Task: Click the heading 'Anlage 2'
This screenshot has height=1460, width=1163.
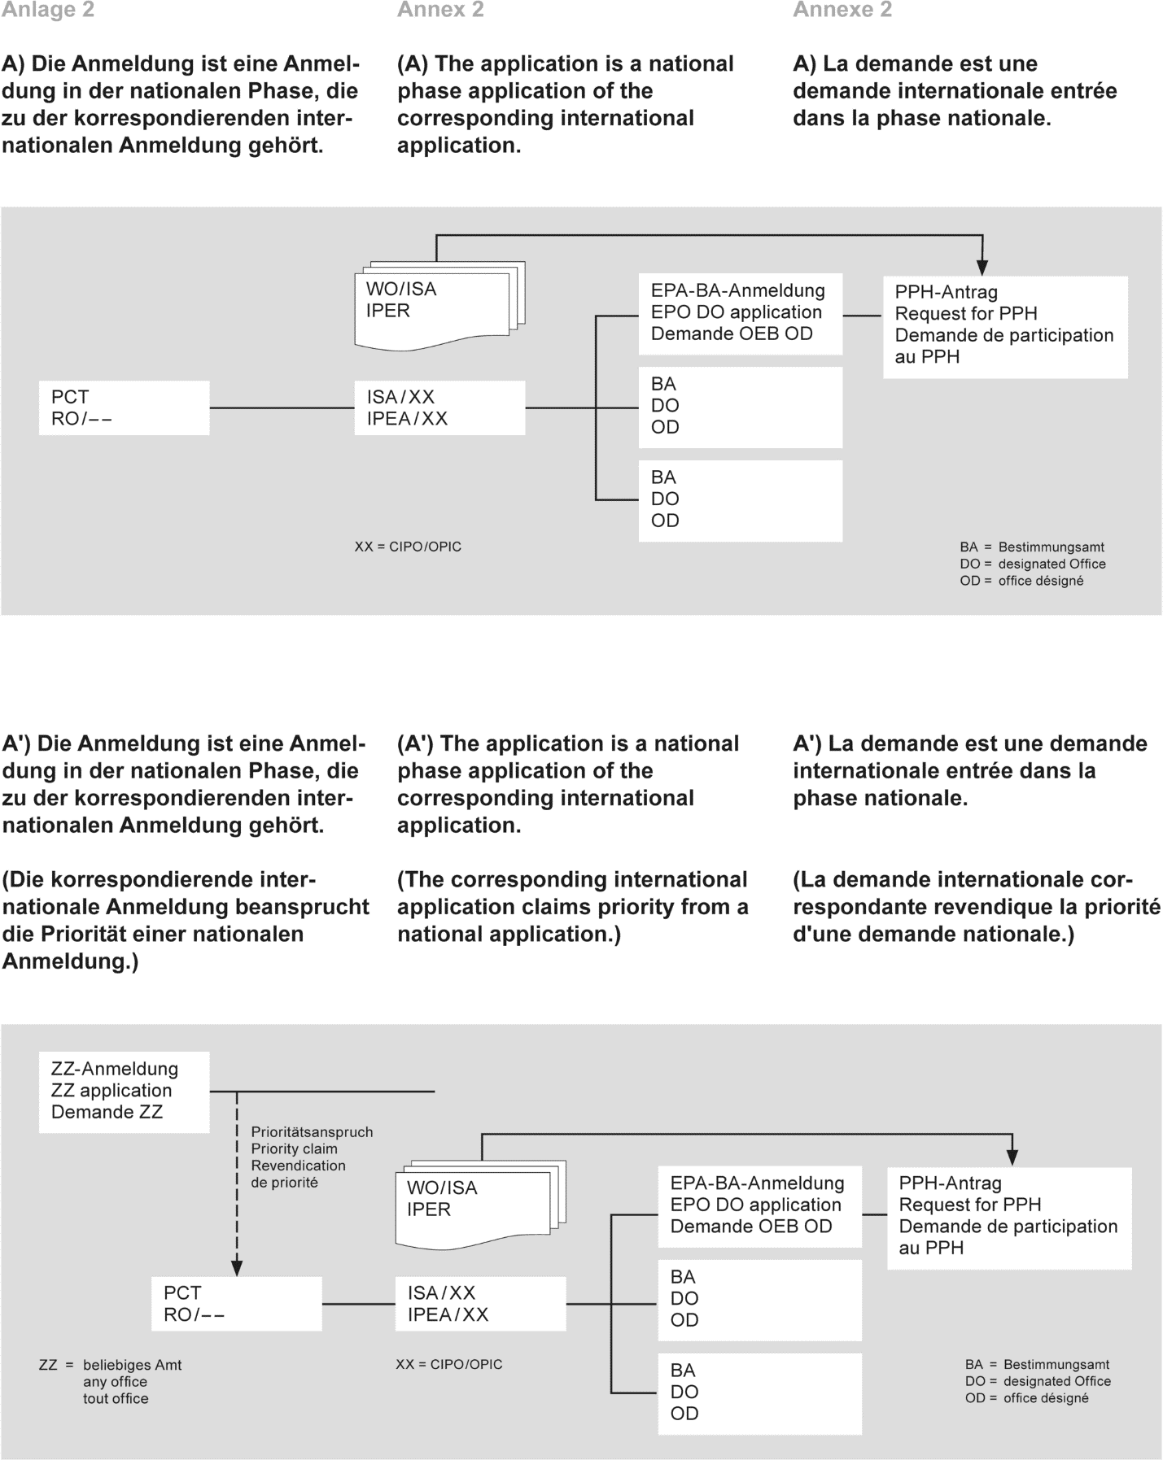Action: click(48, 11)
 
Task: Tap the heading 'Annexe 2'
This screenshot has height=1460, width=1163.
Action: click(842, 11)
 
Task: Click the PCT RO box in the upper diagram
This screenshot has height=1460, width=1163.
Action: click(124, 407)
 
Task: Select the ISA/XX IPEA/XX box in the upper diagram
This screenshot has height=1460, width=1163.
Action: click(439, 407)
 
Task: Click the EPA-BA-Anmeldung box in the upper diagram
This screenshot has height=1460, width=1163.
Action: click(740, 313)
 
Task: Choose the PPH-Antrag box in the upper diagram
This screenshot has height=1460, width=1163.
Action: click(1005, 325)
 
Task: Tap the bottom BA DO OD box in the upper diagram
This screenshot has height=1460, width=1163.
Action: click(740, 499)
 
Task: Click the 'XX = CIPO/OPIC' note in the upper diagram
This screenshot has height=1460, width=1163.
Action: click(408, 547)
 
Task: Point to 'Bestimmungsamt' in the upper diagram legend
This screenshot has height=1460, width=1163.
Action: click(1051, 547)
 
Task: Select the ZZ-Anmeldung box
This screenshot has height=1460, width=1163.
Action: click(124, 1091)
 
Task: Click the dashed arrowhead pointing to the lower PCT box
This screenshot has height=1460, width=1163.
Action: click(237, 1267)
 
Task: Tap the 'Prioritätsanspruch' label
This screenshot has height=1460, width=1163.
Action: click(312, 1132)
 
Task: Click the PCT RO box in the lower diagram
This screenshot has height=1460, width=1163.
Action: click(236, 1304)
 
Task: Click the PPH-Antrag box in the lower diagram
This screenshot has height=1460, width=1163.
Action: click(1009, 1217)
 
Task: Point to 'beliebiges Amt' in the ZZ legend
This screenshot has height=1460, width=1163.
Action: click(132, 1365)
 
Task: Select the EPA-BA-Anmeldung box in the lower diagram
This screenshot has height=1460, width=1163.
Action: click(759, 1205)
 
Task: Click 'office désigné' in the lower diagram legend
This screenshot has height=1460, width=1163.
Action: click(1046, 1398)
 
